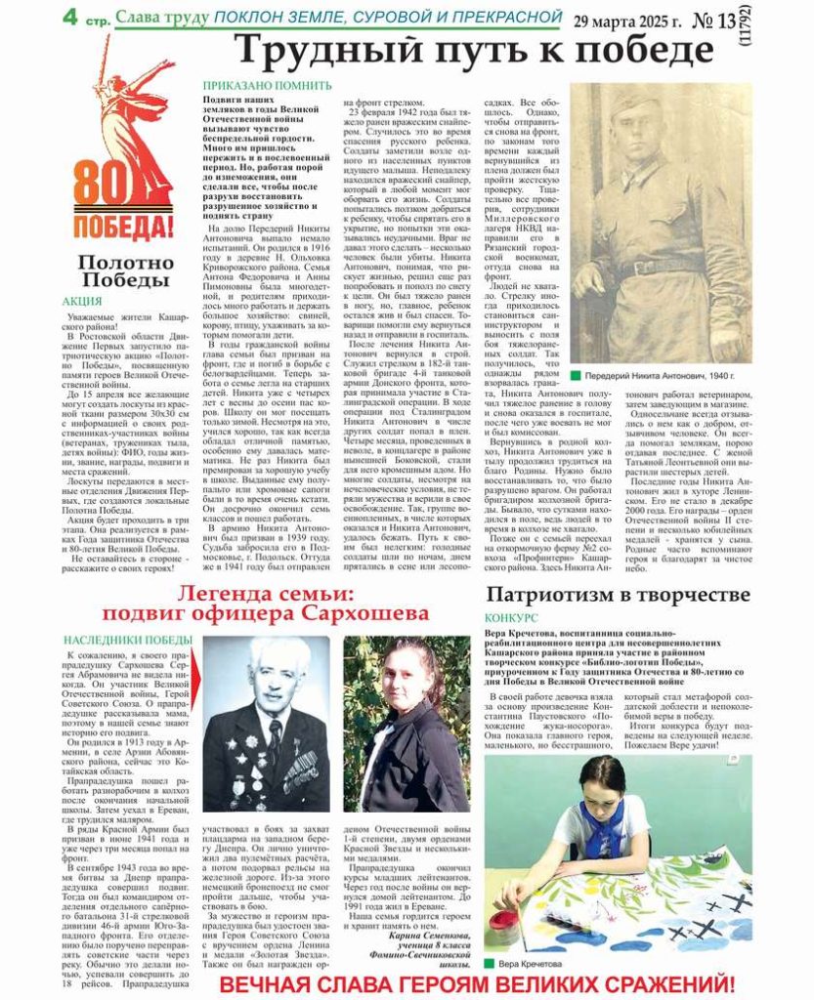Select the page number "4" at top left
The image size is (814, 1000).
pos(70,17)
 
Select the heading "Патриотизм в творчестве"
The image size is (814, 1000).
pos(619,595)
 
